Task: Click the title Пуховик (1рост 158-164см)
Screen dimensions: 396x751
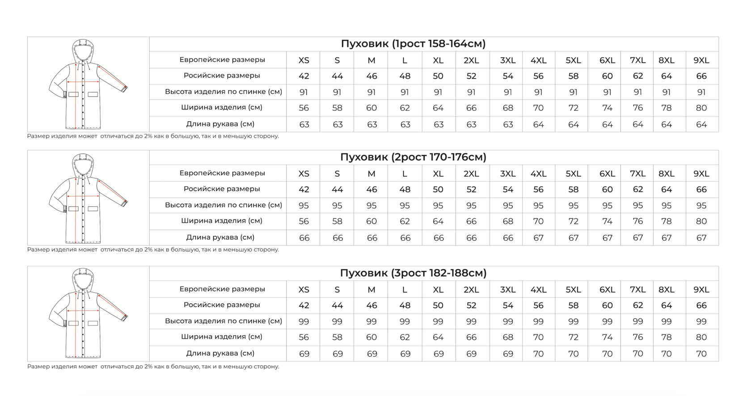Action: pos(413,44)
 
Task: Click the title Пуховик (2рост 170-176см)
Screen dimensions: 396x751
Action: pos(413,157)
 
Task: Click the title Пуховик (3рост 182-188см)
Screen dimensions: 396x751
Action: pos(413,273)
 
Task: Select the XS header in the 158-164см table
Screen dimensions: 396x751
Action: pos(304,60)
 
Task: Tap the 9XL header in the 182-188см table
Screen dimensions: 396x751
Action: pos(701,290)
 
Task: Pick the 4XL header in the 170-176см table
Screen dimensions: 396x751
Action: pos(538,174)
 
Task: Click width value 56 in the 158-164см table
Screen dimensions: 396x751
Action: pos(304,108)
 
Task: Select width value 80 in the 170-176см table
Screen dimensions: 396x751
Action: pos(701,221)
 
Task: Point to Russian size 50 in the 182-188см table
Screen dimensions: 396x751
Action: pos(438,306)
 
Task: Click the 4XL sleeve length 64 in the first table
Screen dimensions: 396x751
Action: pos(538,124)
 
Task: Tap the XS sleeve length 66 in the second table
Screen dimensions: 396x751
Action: pos(304,238)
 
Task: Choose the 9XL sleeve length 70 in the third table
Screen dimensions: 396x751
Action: pos(701,353)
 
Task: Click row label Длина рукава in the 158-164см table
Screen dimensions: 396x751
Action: pos(220,124)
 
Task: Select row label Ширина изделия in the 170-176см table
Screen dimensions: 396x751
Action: pos(222,221)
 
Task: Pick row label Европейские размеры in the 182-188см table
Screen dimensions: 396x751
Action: pos(222,289)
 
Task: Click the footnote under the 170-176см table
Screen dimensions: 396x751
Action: pos(153,249)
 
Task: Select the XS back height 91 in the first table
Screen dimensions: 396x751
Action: pos(304,92)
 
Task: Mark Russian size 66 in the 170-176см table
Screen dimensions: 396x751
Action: pos(701,189)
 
